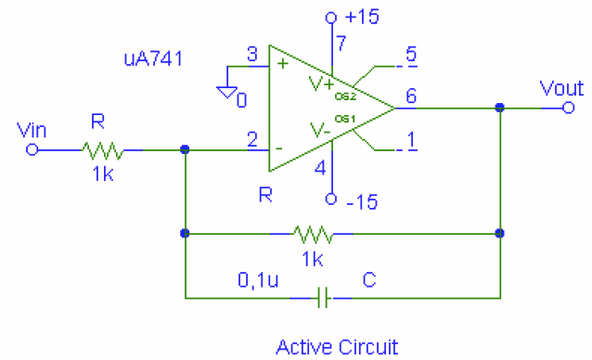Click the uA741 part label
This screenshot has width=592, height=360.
tap(152, 58)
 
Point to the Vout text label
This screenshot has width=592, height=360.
tap(561, 89)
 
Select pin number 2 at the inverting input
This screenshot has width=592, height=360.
tap(251, 140)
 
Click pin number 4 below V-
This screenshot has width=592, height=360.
tap(320, 169)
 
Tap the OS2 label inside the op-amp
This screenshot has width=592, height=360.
tap(345, 94)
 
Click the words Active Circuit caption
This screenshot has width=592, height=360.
tap(336, 347)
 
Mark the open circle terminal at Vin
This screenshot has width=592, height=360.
tap(32, 148)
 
